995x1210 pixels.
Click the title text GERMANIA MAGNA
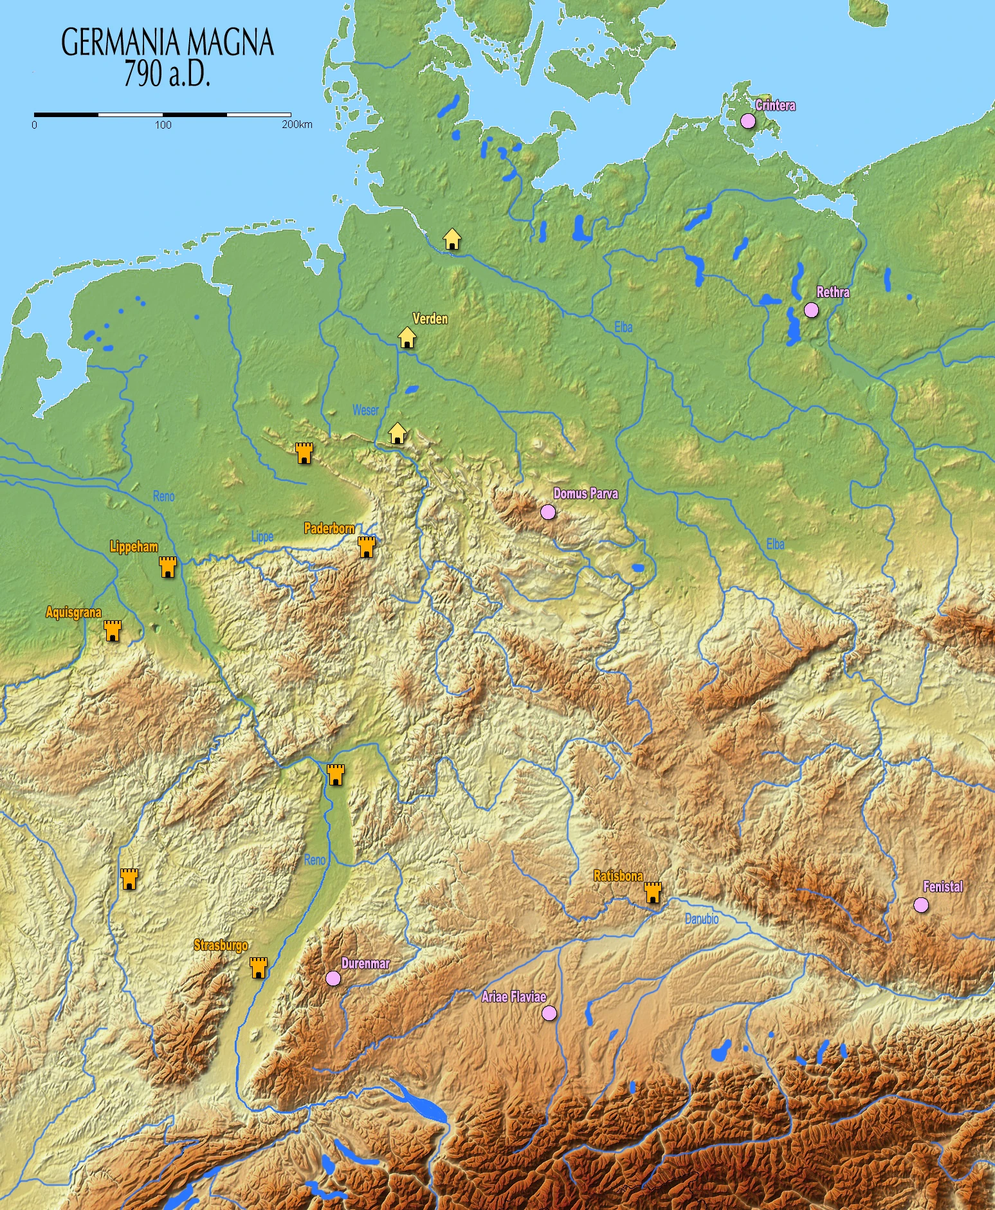click(167, 43)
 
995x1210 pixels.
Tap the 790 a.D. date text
click(167, 75)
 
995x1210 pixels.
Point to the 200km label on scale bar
click(297, 125)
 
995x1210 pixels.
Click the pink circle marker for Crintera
click(747, 121)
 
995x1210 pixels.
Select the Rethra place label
click(833, 293)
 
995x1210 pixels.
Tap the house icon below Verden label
click(406, 337)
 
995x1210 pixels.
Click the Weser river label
click(365, 410)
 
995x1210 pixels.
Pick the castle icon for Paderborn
click(367, 547)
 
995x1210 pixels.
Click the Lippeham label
click(134, 547)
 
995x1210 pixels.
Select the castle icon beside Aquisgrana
click(113, 631)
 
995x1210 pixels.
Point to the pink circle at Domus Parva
click(547, 512)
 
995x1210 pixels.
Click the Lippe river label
click(262, 536)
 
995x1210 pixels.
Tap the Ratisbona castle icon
click(653, 893)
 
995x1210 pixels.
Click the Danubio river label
click(701, 919)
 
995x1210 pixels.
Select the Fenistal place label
click(943, 887)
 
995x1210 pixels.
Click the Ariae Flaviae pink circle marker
click(549, 1013)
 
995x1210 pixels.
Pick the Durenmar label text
click(365, 964)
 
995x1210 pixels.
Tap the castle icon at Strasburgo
click(259, 967)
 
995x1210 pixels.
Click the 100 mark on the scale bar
click(163, 125)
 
